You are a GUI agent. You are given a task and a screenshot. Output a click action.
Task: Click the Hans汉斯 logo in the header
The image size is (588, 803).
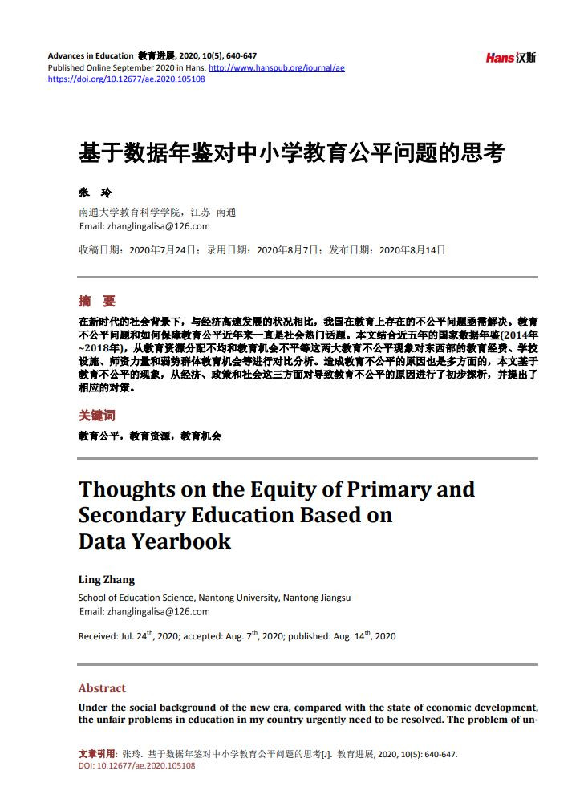[x=510, y=57]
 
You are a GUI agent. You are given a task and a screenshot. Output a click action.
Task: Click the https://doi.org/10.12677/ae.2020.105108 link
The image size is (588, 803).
[x=126, y=79]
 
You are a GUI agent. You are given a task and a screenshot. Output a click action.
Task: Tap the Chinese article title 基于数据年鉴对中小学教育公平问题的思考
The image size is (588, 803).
[x=291, y=152]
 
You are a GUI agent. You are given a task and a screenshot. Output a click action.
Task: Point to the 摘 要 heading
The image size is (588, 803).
[x=96, y=301]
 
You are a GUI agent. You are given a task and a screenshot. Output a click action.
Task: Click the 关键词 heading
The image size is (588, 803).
[x=96, y=415]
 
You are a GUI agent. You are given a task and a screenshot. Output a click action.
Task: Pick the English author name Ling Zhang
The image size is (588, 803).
[x=106, y=579]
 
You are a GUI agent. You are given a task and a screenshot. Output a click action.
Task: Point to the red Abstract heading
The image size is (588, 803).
[x=102, y=688]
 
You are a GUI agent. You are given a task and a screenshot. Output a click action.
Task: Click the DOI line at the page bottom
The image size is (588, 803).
[x=136, y=766]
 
